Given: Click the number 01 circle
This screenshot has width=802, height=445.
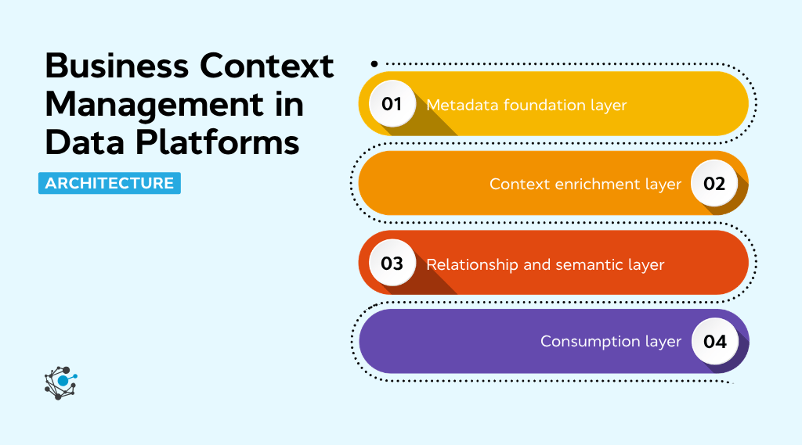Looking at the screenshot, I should [x=392, y=104].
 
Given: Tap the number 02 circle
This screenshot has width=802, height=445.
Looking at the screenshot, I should [x=714, y=184].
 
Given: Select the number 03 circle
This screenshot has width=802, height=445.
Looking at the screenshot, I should [x=392, y=264].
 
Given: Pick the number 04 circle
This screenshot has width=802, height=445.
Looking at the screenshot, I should [x=714, y=342].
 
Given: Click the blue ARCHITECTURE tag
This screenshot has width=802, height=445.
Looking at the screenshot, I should [x=110, y=183].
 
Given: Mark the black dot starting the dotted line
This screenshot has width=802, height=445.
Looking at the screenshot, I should [x=374, y=63].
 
